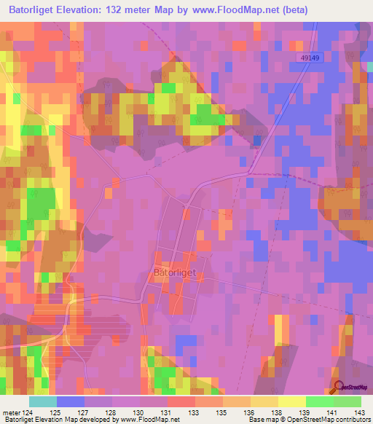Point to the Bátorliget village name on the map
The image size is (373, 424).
(x=175, y=272)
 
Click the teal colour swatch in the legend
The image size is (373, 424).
(x=42, y=401)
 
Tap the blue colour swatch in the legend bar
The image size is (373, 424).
(x=70, y=401)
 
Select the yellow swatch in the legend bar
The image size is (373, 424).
(x=291, y=401)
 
